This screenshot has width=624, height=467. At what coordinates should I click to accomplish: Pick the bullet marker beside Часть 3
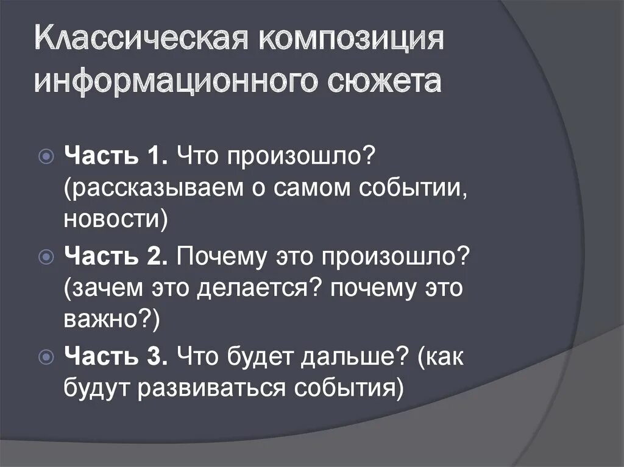(46, 357)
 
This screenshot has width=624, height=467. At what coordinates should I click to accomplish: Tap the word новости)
(115, 218)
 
